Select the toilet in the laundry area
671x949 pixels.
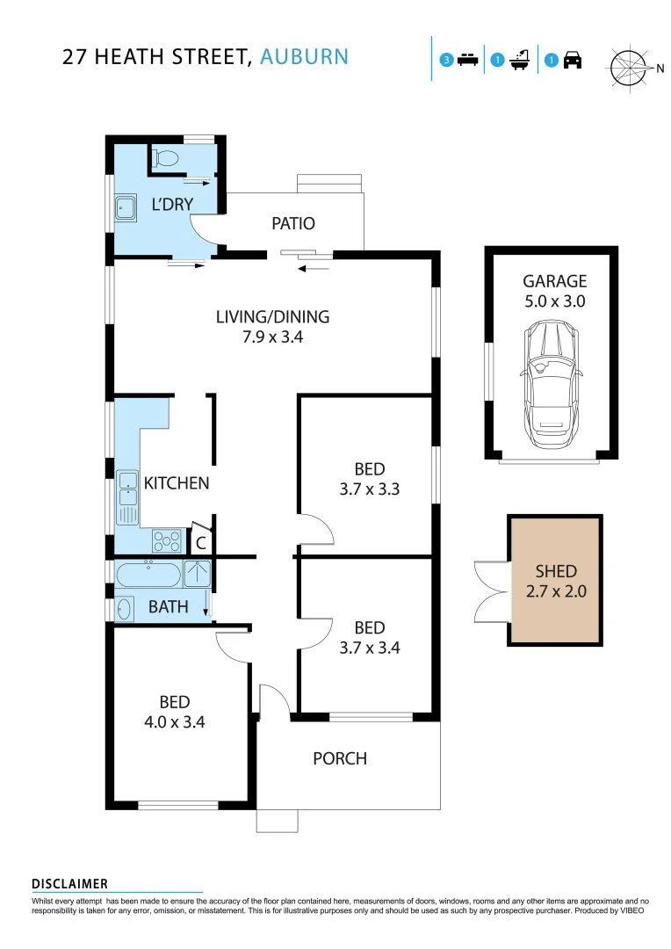(x=165, y=158)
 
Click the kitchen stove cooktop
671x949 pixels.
(x=166, y=539)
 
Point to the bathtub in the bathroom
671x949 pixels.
(x=148, y=575)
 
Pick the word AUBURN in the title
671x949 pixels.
(x=305, y=57)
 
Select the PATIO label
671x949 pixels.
(x=292, y=223)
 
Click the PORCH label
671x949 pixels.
(x=340, y=758)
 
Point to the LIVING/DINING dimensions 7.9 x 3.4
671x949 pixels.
(x=272, y=336)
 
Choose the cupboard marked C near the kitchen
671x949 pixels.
(x=200, y=543)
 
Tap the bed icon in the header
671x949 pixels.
(x=467, y=61)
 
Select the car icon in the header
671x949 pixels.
(x=573, y=61)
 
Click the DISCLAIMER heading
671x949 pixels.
(x=69, y=884)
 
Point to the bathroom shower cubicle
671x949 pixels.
(x=197, y=574)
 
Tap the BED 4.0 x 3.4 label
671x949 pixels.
(x=175, y=712)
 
